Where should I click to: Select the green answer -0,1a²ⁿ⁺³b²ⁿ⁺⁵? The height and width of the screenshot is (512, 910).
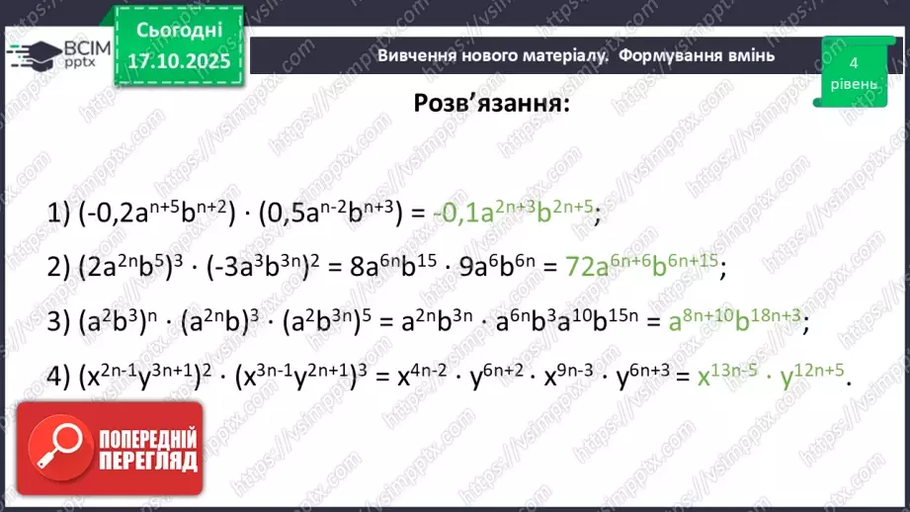pyautogui.click(x=513, y=212)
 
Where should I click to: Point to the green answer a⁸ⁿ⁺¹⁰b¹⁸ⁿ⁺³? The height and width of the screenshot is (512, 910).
pyautogui.click(x=734, y=322)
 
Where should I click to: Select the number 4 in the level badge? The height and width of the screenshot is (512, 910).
pyautogui.click(x=852, y=61)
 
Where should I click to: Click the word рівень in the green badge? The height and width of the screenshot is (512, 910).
pyautogui.click(x=852, y=84)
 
